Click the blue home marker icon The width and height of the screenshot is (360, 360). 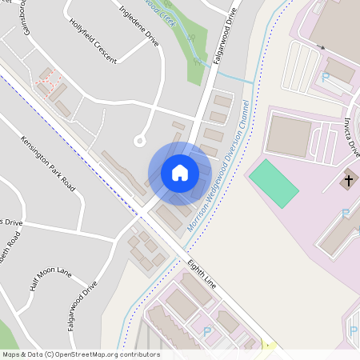coord(180,173)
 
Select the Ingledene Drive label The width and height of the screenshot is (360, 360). coord(138,27)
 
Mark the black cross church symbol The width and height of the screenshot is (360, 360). coord(348,181)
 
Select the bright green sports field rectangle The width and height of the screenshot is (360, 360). coord(274,182)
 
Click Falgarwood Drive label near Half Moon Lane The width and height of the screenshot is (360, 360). coord(82,306)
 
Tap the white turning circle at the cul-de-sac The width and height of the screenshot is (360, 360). coord(139,141)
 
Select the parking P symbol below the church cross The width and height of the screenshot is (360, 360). coord(345,213)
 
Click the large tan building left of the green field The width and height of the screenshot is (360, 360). coord(288,136)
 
